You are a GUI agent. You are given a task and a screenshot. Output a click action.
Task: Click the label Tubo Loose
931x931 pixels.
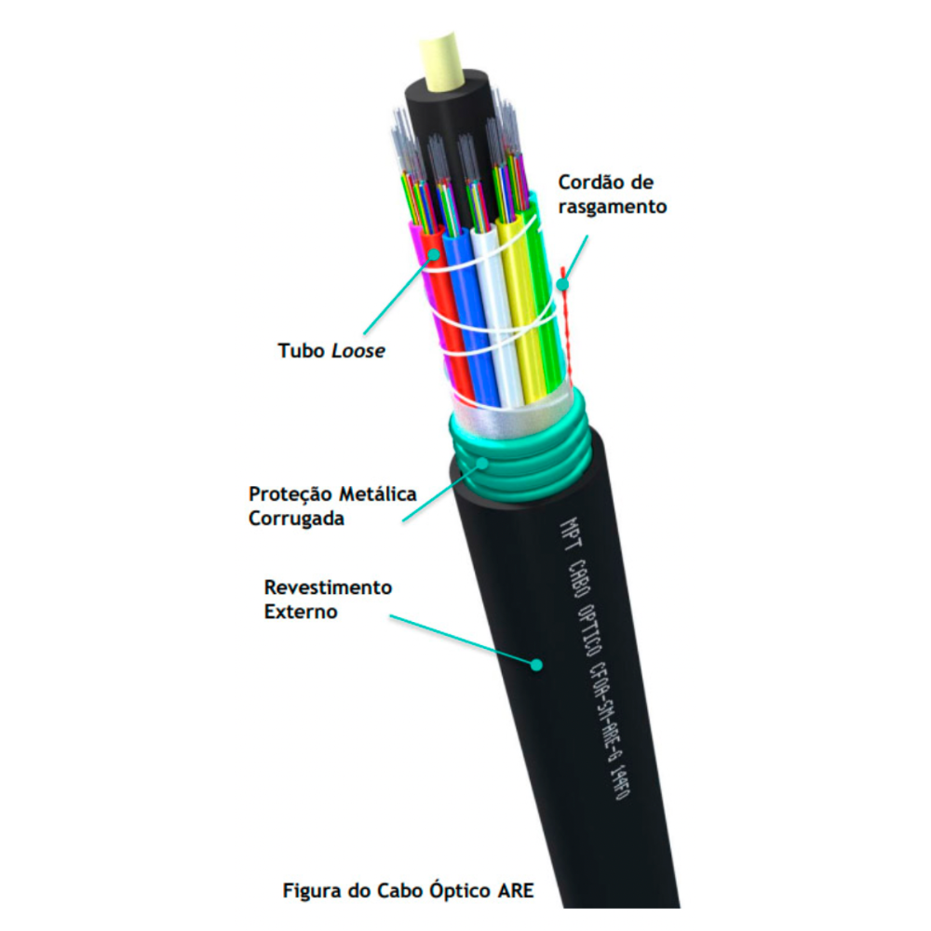click(331, 352)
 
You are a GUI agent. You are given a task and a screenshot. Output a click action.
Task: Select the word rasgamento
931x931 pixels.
click(612, 207)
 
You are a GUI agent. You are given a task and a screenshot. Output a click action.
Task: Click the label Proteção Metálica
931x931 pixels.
click(332, 493)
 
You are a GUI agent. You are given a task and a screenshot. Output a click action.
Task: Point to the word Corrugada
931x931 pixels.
click(296, 519)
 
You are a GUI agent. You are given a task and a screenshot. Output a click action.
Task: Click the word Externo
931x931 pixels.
click(300, 613)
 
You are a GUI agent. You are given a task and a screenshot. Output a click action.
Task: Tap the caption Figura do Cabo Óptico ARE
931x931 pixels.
click(409, 890)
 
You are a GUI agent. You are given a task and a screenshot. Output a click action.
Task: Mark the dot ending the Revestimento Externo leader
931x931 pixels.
click(536, 664)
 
